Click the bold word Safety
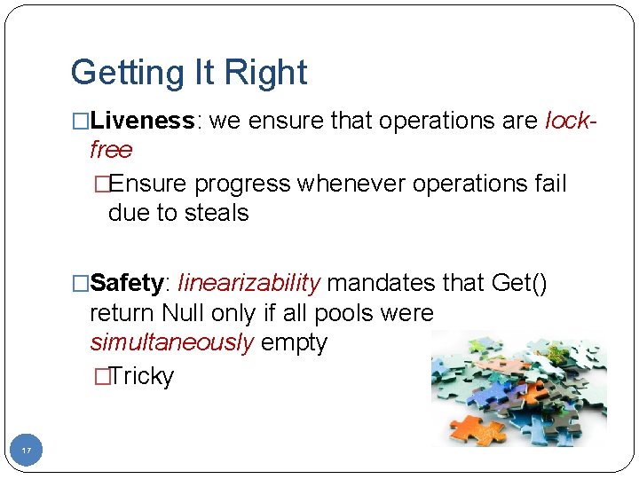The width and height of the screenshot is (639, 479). [127, 284]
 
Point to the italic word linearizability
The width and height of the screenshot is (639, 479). [248, 284]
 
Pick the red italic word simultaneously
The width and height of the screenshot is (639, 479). [171, 342]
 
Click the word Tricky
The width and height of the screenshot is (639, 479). [141, 376]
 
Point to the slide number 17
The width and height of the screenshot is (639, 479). [26, 452]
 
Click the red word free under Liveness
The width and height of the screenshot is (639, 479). [111, 150]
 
